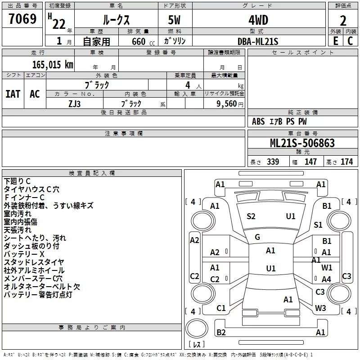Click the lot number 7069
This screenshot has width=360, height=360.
pyautogui.click(x=22, y=19)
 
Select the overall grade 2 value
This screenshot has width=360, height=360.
pyautogui.click(x=343, y=21)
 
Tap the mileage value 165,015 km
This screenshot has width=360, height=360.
pyautogui.click(x=53, y=65)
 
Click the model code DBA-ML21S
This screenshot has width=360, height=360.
pyautogui.click(x=258, y=41)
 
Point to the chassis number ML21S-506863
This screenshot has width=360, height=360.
pyautogui.click(x=302, y=143)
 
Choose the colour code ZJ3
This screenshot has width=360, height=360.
pyautogui.click(x=74, y=104)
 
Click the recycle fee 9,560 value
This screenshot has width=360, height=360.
pyautogui.click(x=227, y=104)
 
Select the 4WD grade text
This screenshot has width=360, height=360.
pyautogui.click(x=258, y=20)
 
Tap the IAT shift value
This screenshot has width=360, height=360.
pyautogui.click(x=13, y=94)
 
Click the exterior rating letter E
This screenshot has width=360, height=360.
pyautogui.click(x=336, y=41)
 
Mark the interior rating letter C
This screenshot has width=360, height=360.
pyautogui.click(x=350, y=41)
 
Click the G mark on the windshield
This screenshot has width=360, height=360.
pyautogui.click(x=257, y=237)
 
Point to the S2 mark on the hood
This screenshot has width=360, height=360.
pyautogui.click(x=251, y=216)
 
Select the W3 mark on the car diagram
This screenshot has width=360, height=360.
pyautogui.click(x=320, y=308)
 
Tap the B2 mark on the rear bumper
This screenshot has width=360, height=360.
pyautogui.click(x=221, y=332)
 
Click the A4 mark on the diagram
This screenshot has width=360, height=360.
pyautogui.click(x=326, y=279)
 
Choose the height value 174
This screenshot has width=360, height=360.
pyautogui.click(x=346, y=162)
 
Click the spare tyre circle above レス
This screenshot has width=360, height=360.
pyautogui.click(x=197, y=328)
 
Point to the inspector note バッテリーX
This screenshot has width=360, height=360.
pyautogui.click(x=24, y=254)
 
